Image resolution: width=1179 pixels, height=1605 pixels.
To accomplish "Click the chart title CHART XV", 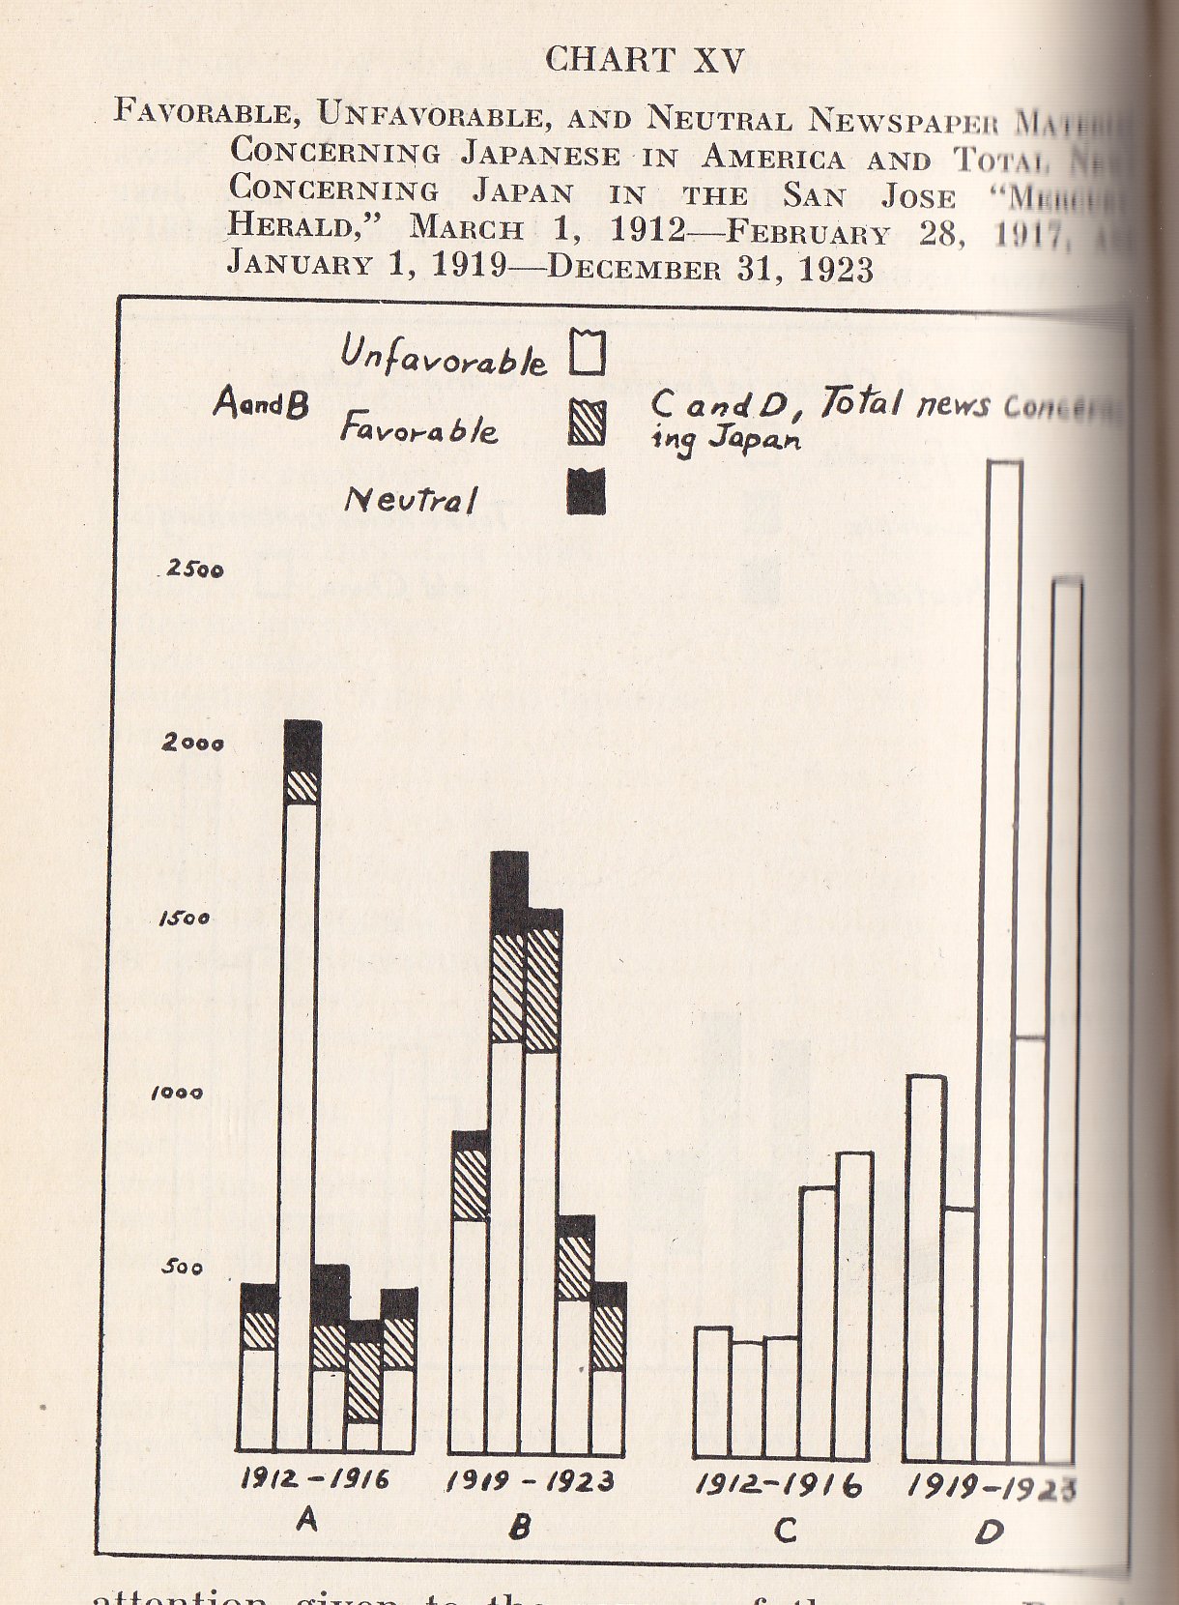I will click(645, 60).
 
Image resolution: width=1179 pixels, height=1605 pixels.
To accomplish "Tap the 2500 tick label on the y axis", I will click(194, 569).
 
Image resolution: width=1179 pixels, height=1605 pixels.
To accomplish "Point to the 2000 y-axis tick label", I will click(193, 743).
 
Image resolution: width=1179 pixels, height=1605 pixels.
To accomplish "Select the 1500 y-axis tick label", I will click(184, 918).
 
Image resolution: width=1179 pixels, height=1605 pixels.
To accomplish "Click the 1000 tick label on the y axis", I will click(178, 1093).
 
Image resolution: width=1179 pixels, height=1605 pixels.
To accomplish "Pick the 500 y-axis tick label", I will click(182, 1267).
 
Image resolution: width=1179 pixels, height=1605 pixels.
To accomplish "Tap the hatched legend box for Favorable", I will click(587, 423).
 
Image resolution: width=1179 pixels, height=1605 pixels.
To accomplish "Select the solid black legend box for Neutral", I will click(586, 491).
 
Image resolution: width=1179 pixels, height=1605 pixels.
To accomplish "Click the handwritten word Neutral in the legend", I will click(410, 499).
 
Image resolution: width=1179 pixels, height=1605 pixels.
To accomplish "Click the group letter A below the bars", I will click(306, 1520).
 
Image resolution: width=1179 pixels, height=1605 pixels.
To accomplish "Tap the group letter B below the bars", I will click(520, 1526).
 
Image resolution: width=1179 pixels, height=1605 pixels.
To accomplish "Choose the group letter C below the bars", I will click(785, 1530).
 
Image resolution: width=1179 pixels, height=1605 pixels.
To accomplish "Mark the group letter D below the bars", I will click(990, 1532).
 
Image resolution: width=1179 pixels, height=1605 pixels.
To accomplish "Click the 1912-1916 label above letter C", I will click(779, 1484).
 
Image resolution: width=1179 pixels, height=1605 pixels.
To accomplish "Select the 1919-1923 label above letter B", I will click(531, 1481).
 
